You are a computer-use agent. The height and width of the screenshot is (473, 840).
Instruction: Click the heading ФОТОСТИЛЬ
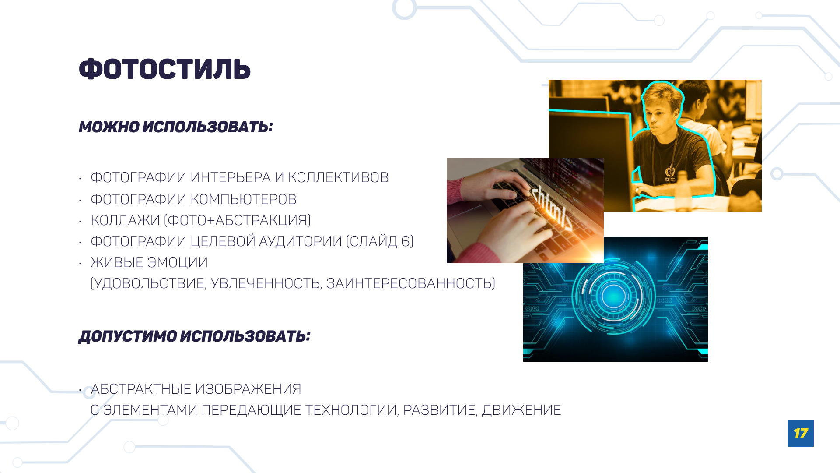point(164,69)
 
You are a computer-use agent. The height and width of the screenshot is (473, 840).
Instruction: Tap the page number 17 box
point(800,433)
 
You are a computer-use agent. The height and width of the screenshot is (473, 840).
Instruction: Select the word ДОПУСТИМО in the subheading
point(127,336)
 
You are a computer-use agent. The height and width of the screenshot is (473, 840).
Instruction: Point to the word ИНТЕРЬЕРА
point(231,177)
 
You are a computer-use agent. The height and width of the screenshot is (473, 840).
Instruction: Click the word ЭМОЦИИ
point(178,262)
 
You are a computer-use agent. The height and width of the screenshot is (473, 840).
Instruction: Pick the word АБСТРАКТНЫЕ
point(140,389)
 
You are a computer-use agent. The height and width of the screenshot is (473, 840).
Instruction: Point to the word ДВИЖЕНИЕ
point(521,410)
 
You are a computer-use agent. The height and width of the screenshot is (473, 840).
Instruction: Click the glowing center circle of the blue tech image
point(613,297)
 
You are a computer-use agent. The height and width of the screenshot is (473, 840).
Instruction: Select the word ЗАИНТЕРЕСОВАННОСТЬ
point(410,283)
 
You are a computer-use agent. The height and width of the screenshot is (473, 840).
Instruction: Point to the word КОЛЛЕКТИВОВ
point(338,177)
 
